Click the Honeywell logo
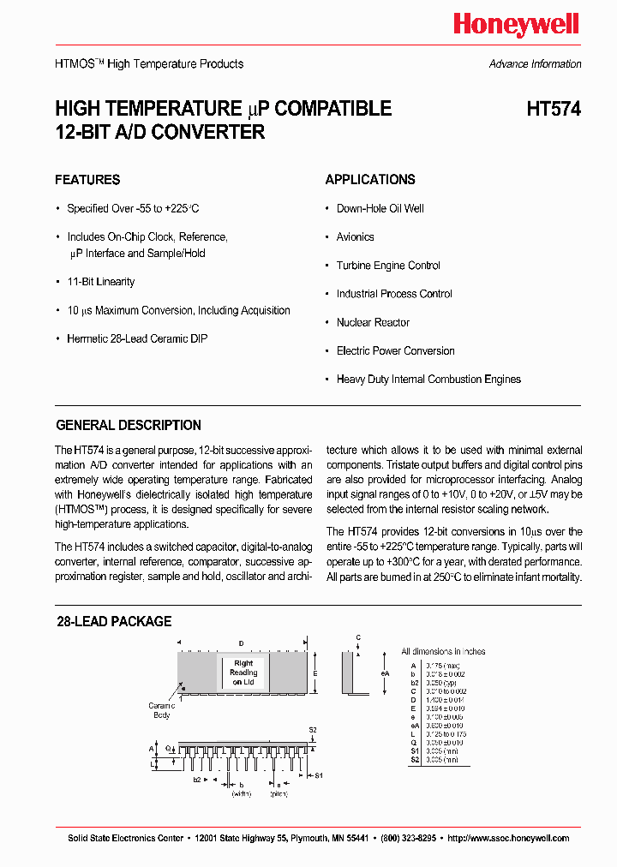pyautogui.click(x=516, y=26)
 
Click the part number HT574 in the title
pyautogui.click(x=554, y=110)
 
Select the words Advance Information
pyautogui.click(x=535, y=64)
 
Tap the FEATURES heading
pyautogui.click(x=87, y=180)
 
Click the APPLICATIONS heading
pyautogui.click(x=370, y=180)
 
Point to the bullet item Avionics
pyautogui.click(x=355, y=237)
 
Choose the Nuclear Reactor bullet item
pyautogui.click(x=373, y=323)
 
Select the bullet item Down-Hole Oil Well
pyautogui.click(x=380, y=209)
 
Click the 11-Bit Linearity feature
pyautogui.click(x=101, y=282)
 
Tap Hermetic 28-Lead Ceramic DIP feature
pyautogui.click(x=137, y=339)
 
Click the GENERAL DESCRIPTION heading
pyautogui.click(x=129, y=426)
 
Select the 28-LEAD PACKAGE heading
pyautogui.click(x=114, y=622)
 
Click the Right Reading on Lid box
pyautogui.click(x=243, y=673)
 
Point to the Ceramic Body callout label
pyautogui.click(x=161, y=710)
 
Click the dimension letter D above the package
pyautogui.click(x=242, y=643)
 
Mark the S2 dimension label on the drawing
pyautogui.click(x=313, y=730)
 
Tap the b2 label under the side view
pyautogui.click(x=197, y=780)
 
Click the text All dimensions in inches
pyautogui.click(x=443, y=652)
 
